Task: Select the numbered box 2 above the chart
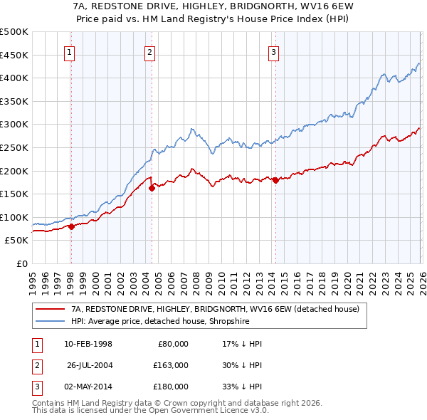tap(150, 51)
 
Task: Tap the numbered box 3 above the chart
tap(274, 51)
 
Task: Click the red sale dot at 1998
tap(71, 226)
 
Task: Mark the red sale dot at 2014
tap(275, 180)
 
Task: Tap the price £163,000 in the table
tap(170, 365)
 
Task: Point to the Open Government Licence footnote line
tap(150, 411)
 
